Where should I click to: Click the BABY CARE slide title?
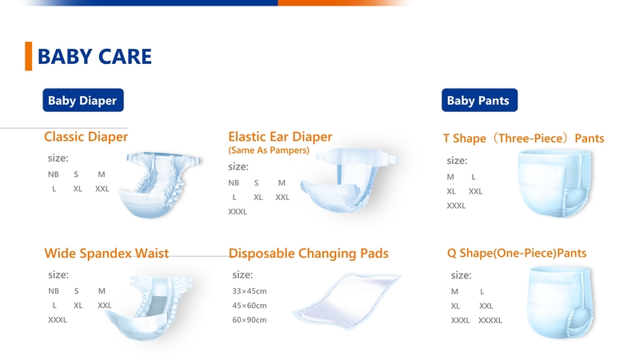(x=94, y=57)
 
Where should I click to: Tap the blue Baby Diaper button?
(x=82, y=101)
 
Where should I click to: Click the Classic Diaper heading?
(x=86, y=137)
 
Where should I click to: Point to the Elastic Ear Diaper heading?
(x=280, y=137)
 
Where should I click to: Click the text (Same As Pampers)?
(x=269, y=150)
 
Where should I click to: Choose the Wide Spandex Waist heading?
(x=106, y=254)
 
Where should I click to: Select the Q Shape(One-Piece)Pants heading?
(x=517, y=254)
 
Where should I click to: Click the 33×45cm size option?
(x=249, y=290)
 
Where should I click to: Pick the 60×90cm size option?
(x=249, y=320)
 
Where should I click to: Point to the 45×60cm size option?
(x=249, y=306)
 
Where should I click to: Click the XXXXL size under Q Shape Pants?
(x=490, y=320)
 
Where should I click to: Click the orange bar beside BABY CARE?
(x=29, y=56)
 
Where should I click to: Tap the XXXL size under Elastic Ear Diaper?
(x=238, y=212)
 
